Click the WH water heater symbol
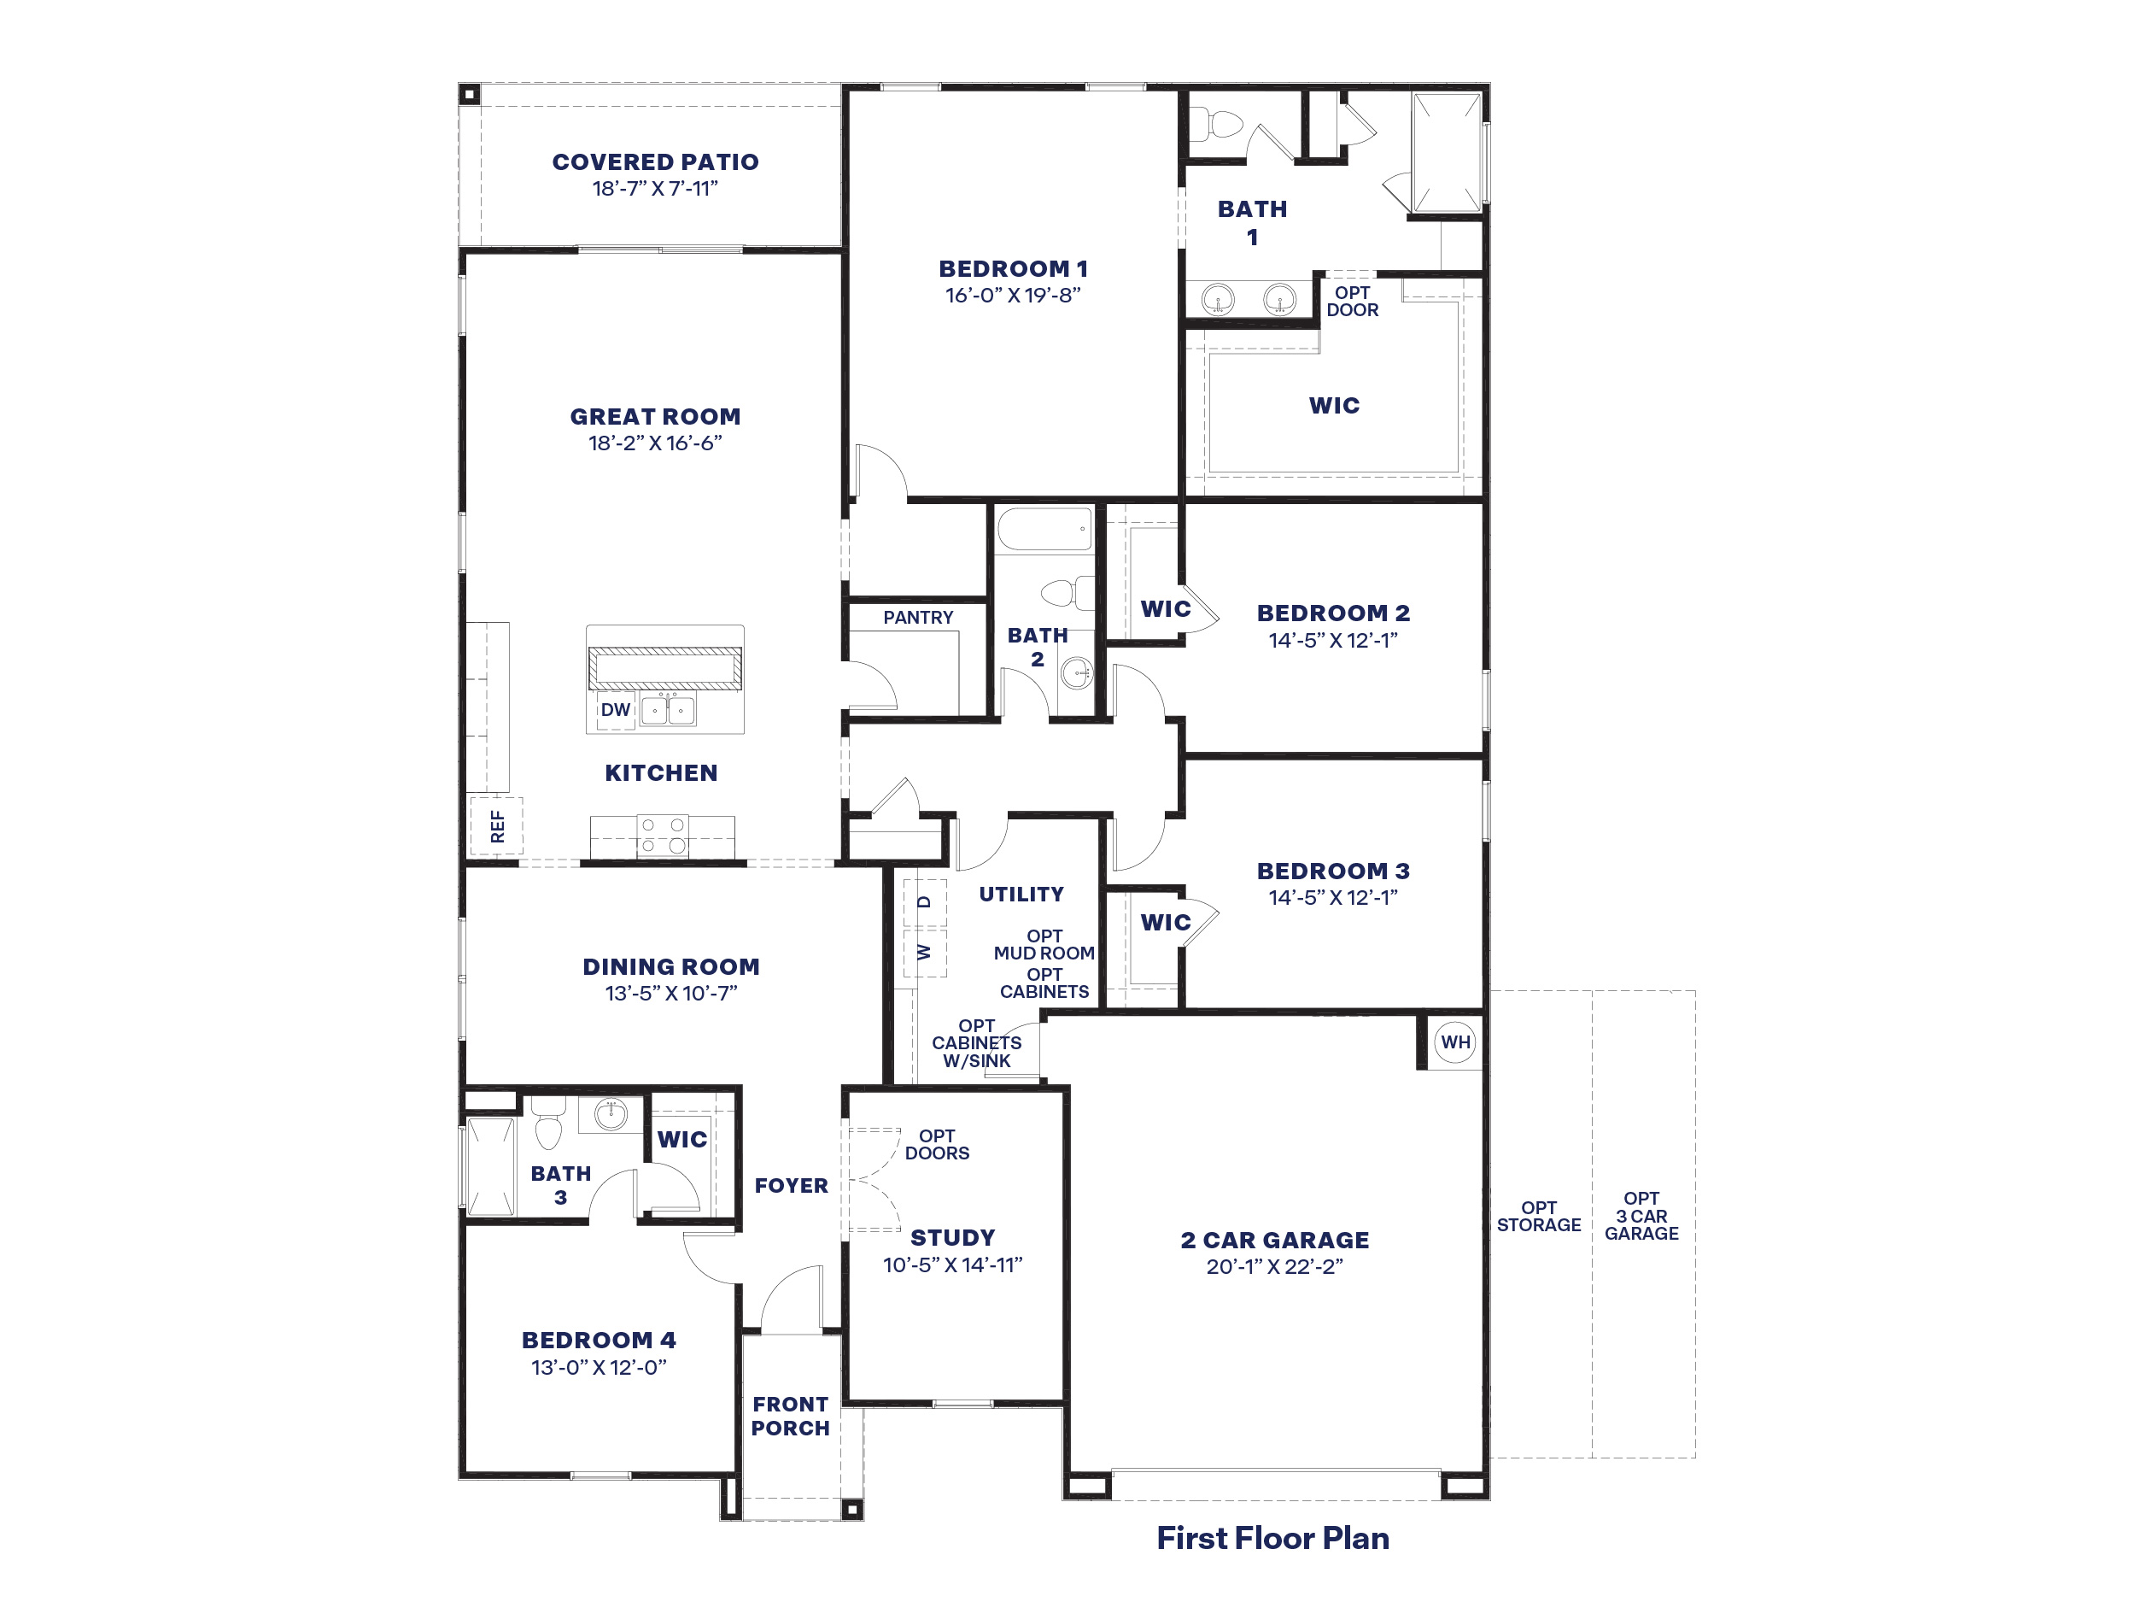[x=1455, y=1042]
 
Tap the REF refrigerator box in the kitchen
[x=496, y=825]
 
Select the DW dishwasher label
[x=616, y=710]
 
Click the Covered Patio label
[x=655, y=162]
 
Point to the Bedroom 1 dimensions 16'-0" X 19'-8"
[x=1013, y=296]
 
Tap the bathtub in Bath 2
[x=1044, y=529]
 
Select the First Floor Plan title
[x=1273, y=1537]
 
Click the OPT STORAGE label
[x=1539, y=1216]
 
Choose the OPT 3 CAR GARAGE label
[x=1641, y=1216]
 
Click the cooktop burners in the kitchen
[x=663, y=836]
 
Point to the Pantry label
[x=918, y=617]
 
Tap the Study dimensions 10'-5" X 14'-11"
[x=953, y=1265]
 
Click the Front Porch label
[x=791, y=1416]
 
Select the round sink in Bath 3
[x=610, y=1114]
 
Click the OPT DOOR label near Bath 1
[x=1352, y=302]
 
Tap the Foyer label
[x=792, y=1185]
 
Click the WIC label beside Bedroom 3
[x=1166, y=922]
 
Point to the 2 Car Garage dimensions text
[x=1274, y=1267]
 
